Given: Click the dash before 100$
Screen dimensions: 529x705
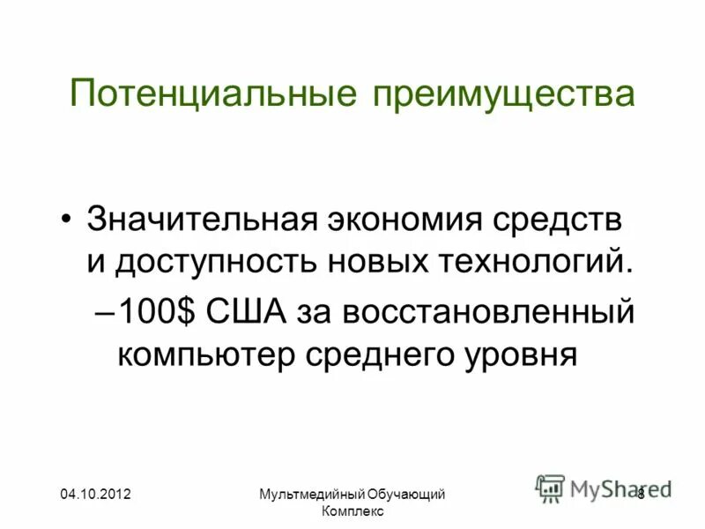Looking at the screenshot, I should tap(103, 313).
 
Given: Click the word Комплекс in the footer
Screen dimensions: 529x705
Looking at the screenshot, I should tap(352, 512).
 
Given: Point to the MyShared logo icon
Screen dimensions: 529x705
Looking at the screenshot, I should tap(551, 488).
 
